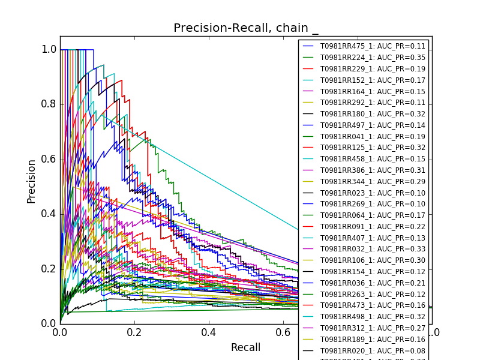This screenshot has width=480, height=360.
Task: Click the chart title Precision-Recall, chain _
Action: [x=246, y=28]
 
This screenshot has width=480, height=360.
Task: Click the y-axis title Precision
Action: [x=31, y=181]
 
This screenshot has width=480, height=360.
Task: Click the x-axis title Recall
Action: [x=246, y=347]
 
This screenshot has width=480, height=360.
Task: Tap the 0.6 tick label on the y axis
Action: [x=49, y=159]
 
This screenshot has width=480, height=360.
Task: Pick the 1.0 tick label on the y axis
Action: [x=49, y=49]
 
